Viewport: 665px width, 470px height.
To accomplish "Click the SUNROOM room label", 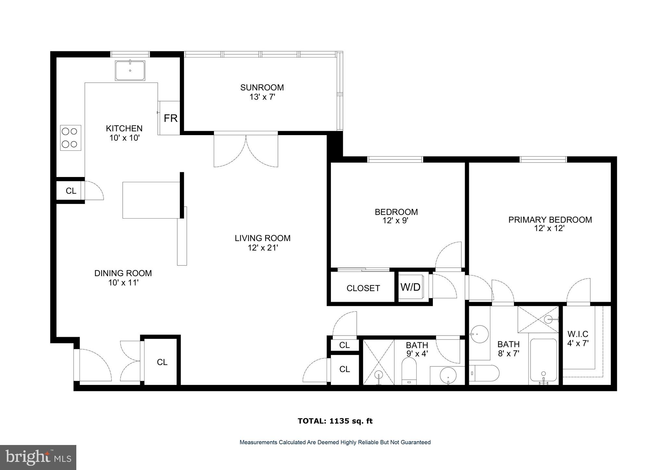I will [262, 87].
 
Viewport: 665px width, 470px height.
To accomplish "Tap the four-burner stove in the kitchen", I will [70, 138].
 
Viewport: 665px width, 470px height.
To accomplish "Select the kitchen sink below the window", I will [130, 70].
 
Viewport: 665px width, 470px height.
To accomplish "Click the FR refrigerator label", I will [170, 119].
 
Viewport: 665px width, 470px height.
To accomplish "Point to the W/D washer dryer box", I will [410, 287].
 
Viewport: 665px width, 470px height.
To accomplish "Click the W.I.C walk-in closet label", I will [578, 334].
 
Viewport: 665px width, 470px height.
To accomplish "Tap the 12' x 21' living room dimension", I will [262, 248].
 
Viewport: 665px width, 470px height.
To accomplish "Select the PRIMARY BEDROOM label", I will [550, 220].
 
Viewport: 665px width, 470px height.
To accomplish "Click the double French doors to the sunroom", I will [246, 149].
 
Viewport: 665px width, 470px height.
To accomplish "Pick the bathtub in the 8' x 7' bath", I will [544, 360].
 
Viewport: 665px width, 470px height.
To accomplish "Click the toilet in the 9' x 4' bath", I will [409, 371].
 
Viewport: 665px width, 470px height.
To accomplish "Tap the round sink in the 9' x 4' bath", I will [448, 375].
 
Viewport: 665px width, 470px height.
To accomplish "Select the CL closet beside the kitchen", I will [71, 191].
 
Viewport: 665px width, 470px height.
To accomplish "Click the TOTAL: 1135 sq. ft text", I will [335, 421].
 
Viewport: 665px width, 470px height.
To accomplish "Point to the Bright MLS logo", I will [38, 457].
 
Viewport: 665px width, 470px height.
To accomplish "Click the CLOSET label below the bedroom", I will [363, 288].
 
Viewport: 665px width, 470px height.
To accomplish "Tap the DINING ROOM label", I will [123, 273].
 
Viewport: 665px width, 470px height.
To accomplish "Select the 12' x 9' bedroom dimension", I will [396, 221].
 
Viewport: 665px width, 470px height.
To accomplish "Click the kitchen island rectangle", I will [151, 200].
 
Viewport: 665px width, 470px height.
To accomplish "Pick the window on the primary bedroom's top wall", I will [543, 159].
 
